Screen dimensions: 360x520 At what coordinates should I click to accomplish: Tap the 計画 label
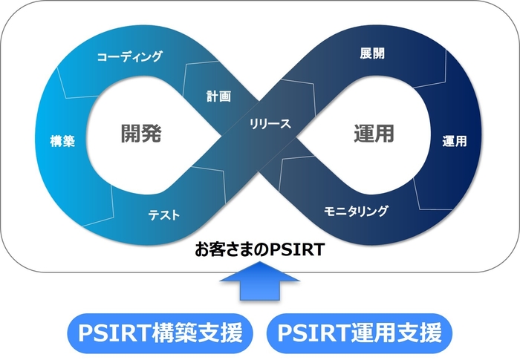[218, 96]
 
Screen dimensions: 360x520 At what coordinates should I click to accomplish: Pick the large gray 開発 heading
[141, 134]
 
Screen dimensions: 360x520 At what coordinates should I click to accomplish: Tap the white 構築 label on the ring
[62, 142]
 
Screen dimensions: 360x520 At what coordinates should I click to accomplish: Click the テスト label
[163, 215]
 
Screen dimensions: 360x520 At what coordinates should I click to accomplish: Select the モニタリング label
[356, 211]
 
